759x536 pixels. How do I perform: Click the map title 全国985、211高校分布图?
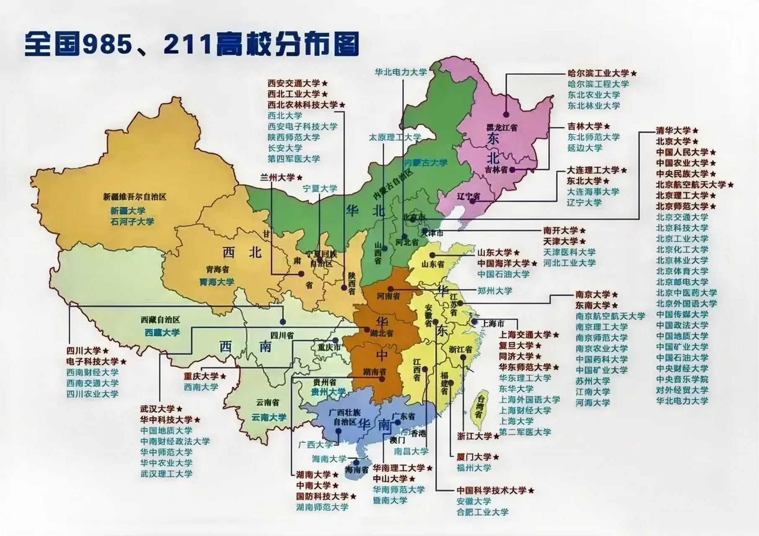(x=191, y=44)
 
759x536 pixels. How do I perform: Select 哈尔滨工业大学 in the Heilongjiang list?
(x=598, y=73)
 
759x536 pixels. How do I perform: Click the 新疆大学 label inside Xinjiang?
(x=128, y=211)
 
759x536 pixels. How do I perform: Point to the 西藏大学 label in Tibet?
(x=162, y=332)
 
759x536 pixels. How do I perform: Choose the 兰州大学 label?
(x=277, y=177)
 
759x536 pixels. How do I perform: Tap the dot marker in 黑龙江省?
(x=506, y=114)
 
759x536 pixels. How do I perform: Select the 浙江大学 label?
(x=474, y=436)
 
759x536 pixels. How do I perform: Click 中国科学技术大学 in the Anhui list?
(x=491, y=490)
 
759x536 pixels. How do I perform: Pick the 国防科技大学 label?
(x=322, y=496)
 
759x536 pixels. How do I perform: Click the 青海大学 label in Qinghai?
(x=217, y=282)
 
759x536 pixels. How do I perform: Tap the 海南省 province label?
(x=356, y=470)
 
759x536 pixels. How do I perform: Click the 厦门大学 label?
(x=474, y=457)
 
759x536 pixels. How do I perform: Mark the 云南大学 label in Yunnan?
(x=268, y=417)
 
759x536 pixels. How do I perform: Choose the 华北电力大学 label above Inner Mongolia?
(x=400, y=72)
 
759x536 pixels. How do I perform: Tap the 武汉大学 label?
(x=157, y=409)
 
